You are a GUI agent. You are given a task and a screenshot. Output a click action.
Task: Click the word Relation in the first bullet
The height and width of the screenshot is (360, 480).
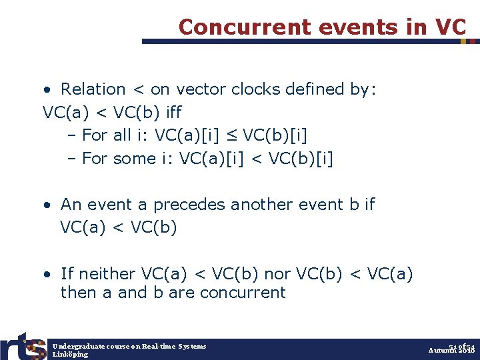[93, 89]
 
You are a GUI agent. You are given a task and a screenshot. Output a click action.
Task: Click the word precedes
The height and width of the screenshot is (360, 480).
[189, 205]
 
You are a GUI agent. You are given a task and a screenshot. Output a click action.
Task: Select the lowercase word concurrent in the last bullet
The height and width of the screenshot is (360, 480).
[242, 293]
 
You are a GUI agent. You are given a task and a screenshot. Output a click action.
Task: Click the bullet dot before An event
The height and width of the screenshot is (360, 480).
[47, 205]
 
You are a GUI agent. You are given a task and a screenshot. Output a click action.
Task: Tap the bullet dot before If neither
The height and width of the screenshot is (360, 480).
[47, 275]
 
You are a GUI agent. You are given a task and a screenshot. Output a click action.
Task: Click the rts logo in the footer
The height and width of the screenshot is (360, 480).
[23, 345]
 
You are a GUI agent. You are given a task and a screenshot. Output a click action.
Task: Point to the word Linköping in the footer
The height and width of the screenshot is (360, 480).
[70, 355]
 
